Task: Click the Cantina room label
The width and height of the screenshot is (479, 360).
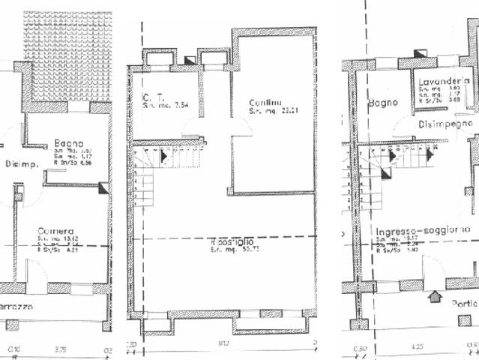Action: click(x=266, y=103)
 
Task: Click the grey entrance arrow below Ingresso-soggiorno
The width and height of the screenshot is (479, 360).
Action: click(x=435, y=298)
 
